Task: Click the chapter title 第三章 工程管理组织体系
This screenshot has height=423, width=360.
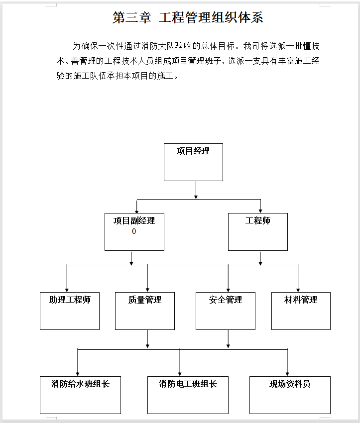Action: pos(188,17)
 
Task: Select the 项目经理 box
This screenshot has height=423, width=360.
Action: pos(193,162)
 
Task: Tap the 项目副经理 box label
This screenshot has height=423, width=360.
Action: pos(134,220)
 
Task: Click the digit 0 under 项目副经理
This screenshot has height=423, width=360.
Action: pos(134,231)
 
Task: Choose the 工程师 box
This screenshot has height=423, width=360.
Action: pos(258,232)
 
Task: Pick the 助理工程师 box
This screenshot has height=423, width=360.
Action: pos(70,311)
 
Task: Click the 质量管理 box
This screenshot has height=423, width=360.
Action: pos(145,311)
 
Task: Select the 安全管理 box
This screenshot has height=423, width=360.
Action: pos(226,311)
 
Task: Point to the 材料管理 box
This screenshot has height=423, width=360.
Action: pos(301,311)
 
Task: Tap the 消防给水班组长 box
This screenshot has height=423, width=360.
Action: pos(80,395)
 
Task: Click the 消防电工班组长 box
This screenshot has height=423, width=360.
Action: pos(188,395)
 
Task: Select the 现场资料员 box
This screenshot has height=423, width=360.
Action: pos(290,395)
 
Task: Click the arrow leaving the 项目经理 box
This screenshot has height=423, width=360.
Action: pos(196,190)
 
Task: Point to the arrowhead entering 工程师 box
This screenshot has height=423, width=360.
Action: pos(260,211)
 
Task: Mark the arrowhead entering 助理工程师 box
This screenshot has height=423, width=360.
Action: pos(67,290)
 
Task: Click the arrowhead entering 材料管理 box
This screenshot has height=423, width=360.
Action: pos(298,290)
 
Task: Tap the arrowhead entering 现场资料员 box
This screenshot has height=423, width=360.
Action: pos(287,374)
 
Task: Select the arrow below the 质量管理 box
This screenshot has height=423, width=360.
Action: pos(147,339)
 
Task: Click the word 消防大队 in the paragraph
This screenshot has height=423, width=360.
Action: pos(158,46)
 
